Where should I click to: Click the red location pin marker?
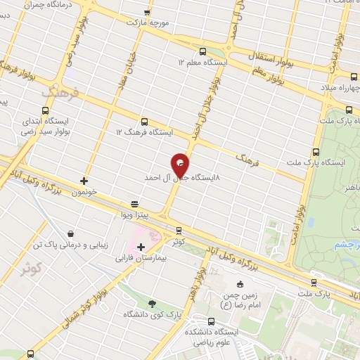(x=181, y=165)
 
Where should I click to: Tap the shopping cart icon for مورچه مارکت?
(x=147, y=13)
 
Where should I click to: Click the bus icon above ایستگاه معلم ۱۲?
(x=203, y=51)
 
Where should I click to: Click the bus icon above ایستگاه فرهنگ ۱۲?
(x=144, y=121)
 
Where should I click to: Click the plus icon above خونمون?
(x=84, y=181)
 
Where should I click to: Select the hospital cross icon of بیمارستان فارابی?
(x=141, y=247)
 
